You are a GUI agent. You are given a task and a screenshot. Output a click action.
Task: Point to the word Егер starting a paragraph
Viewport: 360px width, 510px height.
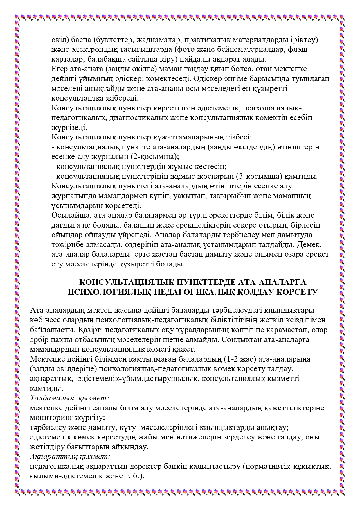(60, 69)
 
